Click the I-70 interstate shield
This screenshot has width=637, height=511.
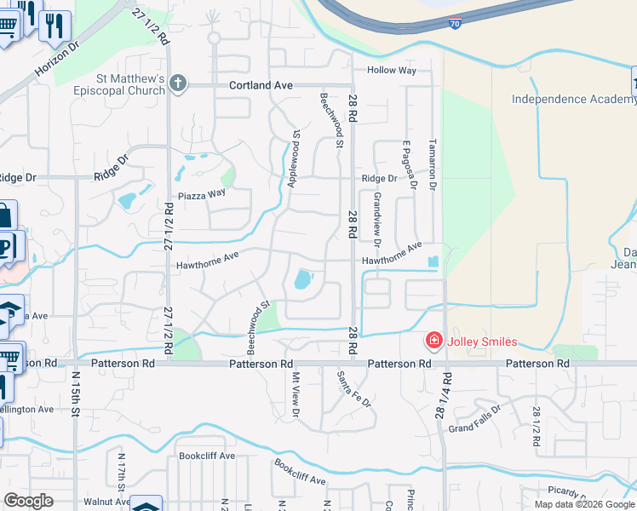coord(456,24)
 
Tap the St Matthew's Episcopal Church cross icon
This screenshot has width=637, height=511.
coord(177,83)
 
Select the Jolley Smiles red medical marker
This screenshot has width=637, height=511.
coord(433,342)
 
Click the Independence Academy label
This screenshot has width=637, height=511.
coord(573,100)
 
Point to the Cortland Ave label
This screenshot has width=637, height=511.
coord(261,85)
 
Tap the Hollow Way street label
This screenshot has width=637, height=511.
coord(392,70)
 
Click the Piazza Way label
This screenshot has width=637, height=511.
coord(202,193)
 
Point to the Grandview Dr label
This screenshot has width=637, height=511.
coord(377,216)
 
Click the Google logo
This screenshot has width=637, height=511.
coord(28,501)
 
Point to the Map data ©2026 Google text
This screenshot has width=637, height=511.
coord(584,504)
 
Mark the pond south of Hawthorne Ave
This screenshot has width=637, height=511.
coord(302,279)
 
